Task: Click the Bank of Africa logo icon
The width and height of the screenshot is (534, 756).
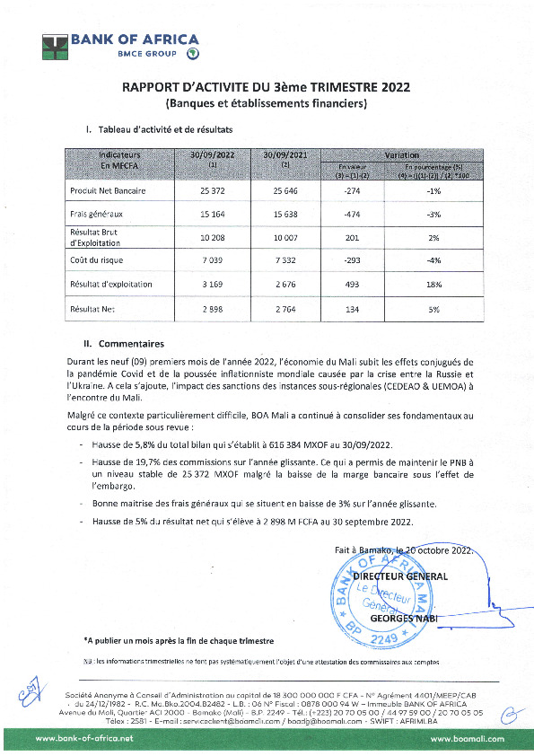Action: (56, 46)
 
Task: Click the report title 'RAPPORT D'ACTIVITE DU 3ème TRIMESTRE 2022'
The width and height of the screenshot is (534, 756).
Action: (267, 87)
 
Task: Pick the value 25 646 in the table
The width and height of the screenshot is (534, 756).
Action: (286, 191)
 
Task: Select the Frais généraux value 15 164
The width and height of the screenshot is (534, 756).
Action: (213, 215)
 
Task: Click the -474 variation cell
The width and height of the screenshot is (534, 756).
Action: (352, 215)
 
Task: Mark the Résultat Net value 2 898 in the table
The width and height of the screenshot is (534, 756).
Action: (213, 308)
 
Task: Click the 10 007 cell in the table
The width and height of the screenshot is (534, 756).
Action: (286, 238)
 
